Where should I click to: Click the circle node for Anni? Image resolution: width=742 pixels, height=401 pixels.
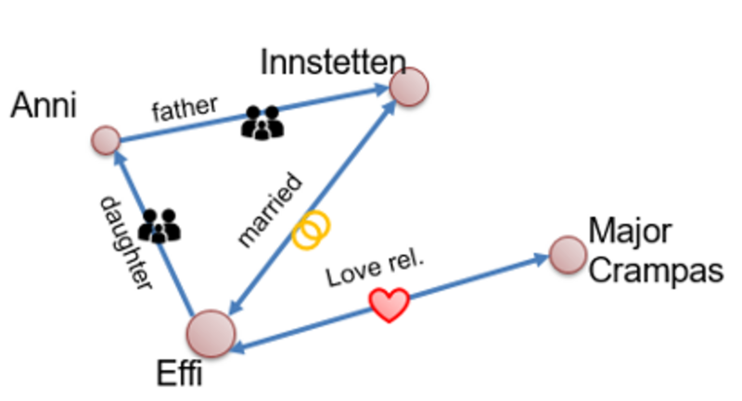[107, 141]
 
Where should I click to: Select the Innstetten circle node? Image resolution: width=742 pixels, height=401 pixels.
[409, 87]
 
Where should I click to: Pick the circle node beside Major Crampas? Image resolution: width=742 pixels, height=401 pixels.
[568, 254]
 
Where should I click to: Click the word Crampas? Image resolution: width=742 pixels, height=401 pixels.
[655, 270]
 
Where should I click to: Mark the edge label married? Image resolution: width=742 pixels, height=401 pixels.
[270, 209]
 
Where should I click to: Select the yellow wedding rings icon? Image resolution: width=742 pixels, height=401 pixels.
[311, 230]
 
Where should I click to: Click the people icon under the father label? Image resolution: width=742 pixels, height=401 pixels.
[262, 123]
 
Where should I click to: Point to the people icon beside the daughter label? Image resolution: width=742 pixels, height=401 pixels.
[159, 225]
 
